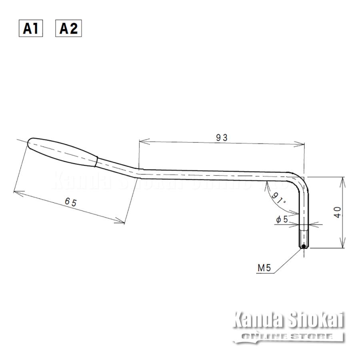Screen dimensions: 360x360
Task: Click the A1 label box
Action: (30, 28)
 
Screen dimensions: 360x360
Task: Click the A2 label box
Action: (68, 28)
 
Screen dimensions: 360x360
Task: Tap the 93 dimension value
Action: (222, 138)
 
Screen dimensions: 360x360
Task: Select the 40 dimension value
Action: (338, 212)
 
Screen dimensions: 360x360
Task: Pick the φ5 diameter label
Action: (282, 220)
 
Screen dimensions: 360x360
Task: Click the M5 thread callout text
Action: (264, 268)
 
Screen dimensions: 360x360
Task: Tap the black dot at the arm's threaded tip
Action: (304, 246)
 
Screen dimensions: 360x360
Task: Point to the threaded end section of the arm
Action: (304, 238)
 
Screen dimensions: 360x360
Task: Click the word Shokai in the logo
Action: (318, 320)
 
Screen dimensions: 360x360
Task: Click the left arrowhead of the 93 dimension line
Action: (141, 141)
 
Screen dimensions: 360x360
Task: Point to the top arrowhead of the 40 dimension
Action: (342, 179)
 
